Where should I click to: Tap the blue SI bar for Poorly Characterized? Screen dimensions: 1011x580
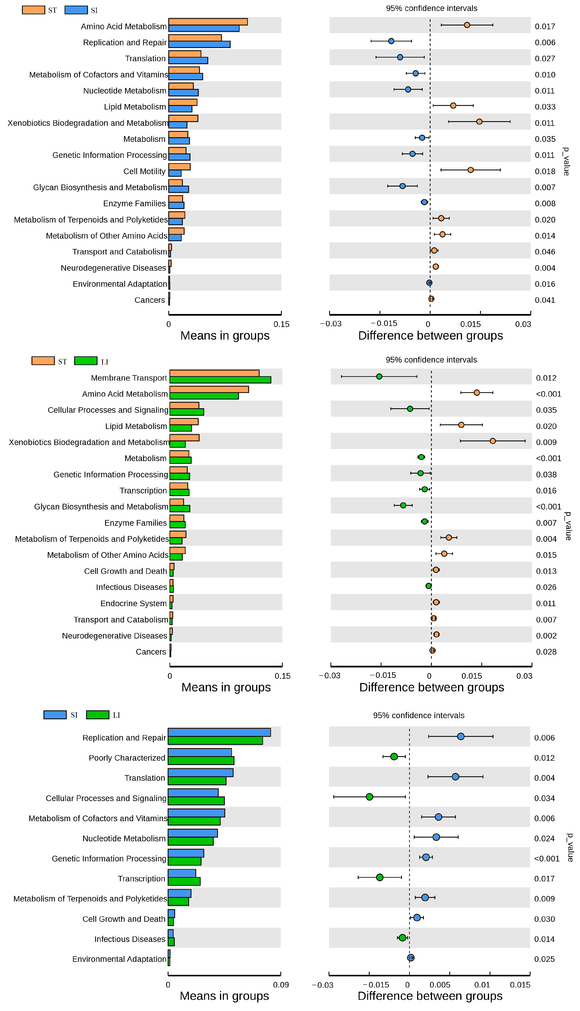(x=200, y=752)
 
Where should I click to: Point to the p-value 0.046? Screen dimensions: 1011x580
(x=545, y=252)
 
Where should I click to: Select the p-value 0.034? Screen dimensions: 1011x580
(x=544, y=798)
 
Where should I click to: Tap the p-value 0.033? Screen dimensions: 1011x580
(x=545, y=107)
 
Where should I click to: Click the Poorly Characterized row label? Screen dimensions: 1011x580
(x=127, y=758)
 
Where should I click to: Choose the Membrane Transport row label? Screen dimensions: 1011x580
(x=129, y=378)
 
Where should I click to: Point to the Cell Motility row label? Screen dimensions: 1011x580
(x=144, y=171)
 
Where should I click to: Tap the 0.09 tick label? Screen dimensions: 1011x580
(x=281, y=985)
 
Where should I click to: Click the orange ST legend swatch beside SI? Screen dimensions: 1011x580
(x=34, y=10)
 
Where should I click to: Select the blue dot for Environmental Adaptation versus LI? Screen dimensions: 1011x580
(x=411, y=958)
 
